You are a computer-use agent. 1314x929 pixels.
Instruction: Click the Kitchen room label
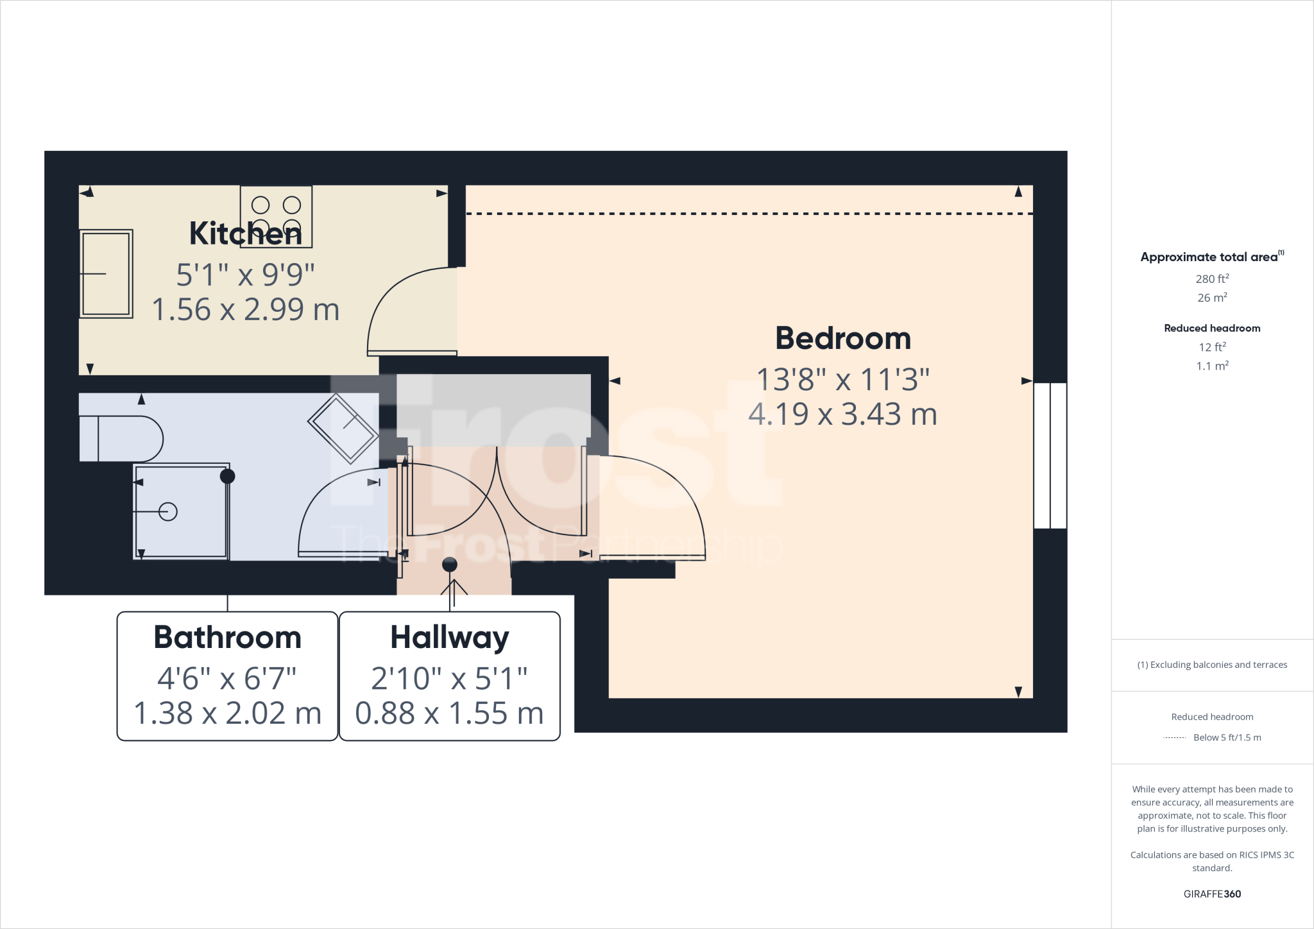[x=245, y=234]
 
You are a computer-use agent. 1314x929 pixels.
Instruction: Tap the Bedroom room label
[x=842, y=338]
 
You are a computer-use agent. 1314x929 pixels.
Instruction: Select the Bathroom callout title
[x=227, y=638]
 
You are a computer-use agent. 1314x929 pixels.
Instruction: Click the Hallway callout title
[x=449, y=638]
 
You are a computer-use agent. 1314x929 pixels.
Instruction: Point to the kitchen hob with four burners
[x=276, y=216]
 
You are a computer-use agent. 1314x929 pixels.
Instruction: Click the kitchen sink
[x=106, y=274]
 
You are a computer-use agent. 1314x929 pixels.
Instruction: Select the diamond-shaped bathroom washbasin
[x=343, y=429]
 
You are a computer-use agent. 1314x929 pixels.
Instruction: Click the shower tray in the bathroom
[x=181, y=512]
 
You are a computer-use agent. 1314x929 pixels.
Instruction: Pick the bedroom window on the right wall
[x=1050, y=456]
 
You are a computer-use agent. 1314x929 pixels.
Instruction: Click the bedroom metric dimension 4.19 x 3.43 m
[x=842, y=414]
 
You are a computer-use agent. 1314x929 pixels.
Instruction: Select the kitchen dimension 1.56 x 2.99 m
[x=245, y=310]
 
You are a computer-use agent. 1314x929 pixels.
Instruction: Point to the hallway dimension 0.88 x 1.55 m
[x=449, y=713]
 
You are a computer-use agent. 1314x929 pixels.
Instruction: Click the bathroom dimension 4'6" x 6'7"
[x=227, y=679]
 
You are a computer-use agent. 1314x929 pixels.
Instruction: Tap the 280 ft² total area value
[x=1212, y=279]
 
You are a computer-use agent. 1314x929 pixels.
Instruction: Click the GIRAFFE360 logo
[x=1212, y=894]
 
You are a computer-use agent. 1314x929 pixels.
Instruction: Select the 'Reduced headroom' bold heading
[x=1212, y=328]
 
